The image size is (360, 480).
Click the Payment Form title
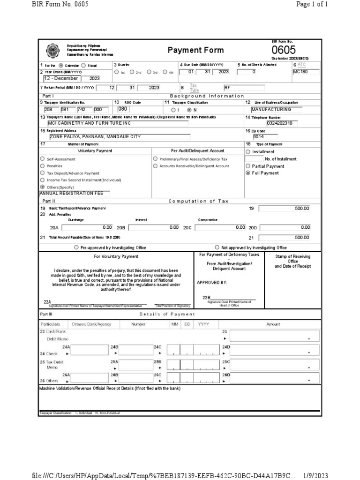[189, 50]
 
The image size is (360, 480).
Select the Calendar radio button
[61, 65]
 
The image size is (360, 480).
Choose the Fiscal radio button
[83, 65]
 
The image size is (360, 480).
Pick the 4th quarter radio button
[165, 72]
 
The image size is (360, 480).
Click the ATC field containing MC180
[306, 72]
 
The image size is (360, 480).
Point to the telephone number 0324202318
[282, 123]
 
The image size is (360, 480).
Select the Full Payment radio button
[248, 173]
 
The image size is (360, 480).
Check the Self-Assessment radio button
[43, 159]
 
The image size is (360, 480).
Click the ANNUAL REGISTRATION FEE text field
[75, 193]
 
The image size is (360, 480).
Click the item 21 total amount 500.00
[285, 238]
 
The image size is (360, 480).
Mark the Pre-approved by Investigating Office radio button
[76, 247]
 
